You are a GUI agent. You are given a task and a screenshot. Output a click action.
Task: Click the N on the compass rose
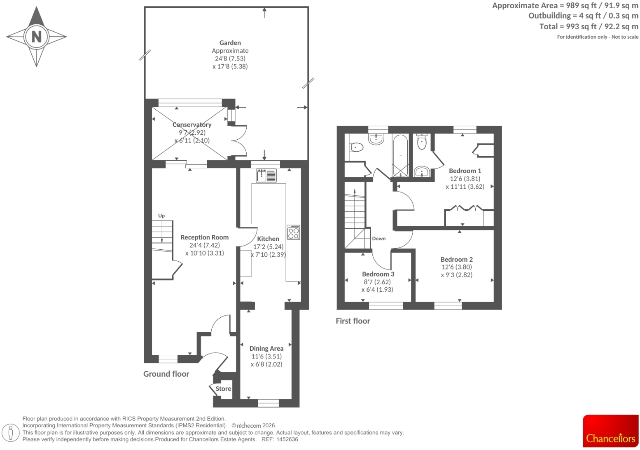pyautogui.click(x=37, y=37)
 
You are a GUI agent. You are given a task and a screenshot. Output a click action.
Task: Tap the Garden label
pyautogui.click(x=230, y=42)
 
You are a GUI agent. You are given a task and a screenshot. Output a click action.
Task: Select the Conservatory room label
pyautogui.click(x=192, y=124)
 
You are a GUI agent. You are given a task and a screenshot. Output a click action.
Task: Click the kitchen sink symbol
pyautogui.click(x=266, y=176)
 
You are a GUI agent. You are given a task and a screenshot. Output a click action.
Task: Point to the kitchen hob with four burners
pyautogui.click(x=293, y=232)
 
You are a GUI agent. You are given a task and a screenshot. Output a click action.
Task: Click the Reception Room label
pyautogui.click(x=205, y=237)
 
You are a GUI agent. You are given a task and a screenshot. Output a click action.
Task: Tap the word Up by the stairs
pyautogui.click(x=161, y=216)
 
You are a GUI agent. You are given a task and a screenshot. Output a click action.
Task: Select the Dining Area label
pyautogui.click(x=266, y=349)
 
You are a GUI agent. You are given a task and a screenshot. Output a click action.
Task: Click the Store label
pyautogui.click(x=224, y=389)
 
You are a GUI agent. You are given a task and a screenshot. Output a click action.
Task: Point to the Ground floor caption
pyautogui.click(x=166, y=374)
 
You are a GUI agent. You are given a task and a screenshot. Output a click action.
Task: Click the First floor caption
pyautogui.click(x=353, y=321)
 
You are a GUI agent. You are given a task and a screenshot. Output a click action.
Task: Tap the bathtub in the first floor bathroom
pyautogui.click(x=400, y=156)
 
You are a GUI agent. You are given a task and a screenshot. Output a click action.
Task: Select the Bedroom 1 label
pyautogui.click(x=465, y=171)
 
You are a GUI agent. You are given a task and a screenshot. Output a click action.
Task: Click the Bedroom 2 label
pyautogui.click(x=457, y=260)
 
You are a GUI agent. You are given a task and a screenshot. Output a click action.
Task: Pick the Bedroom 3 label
pyautogui.click(x=378, y=274)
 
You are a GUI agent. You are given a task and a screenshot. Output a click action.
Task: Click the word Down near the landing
pyautogui.click(x=379, y=239)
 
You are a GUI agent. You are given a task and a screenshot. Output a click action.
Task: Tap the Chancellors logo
pyautogui.click(x=611, y=431)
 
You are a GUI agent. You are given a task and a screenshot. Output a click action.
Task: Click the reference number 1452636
pyautogui.click(x=287, y=439)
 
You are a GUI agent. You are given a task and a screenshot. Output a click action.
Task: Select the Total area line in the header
pyautogui.click(x=589, y=27)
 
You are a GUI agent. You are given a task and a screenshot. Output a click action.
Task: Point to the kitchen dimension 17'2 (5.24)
pyautogui.click(x=268, y=247)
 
